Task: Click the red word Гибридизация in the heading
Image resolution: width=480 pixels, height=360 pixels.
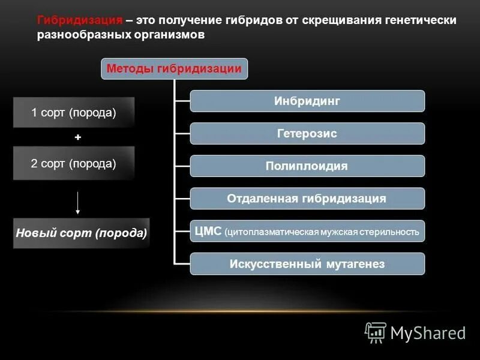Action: [x=80, y=20]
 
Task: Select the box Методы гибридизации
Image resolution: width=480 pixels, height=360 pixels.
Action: [x=174, y=69]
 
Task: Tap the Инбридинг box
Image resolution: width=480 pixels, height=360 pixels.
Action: [x=307, y=101]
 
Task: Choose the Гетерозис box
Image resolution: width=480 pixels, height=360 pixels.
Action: [x=307, y=134]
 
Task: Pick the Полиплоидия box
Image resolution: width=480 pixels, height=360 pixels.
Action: [x=307, y=166]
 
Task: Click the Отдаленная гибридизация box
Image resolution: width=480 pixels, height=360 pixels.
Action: [x=307, y=199]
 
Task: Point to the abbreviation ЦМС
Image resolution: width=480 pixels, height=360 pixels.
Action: [x=208, y=231]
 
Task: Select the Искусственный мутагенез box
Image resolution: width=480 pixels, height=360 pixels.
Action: [x=307, y=264]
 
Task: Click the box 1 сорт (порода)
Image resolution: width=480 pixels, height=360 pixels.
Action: [x=74, y=112]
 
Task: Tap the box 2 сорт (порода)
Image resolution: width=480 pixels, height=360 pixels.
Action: [x=74, y=163]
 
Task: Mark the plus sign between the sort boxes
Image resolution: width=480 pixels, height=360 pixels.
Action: [x=77, y=137]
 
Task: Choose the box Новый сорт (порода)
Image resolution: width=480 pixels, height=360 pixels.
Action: [x=81, y=233]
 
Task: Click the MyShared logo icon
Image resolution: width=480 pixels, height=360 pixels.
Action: [x=376, y=332]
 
